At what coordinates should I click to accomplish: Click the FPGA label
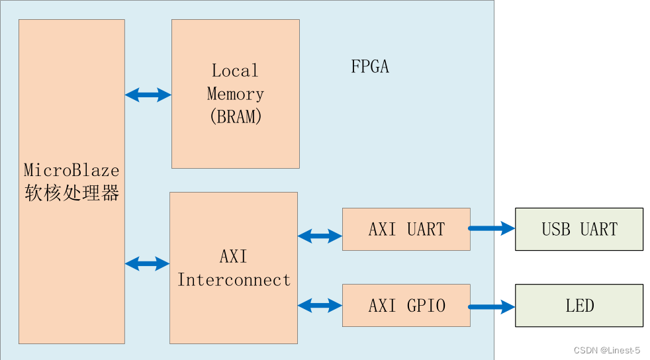(x=369, y=67)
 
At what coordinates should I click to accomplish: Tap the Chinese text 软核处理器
(x=71, y=193)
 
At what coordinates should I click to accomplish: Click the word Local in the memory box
(x=235, y=70)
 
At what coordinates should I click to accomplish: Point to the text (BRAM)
(x=236, y=117)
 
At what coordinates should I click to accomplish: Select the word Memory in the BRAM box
(x=236, y=93)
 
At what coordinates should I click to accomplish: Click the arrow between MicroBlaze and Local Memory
(x=148, y=95)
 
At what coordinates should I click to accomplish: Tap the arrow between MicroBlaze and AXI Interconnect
(x=147, y=263)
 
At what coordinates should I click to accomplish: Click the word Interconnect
(x=234, y=280)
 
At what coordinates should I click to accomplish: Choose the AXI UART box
(x=406, y=229)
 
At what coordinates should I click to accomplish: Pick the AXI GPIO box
(x=406, y=305)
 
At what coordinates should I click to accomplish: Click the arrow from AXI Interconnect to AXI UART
(x=320, y=236)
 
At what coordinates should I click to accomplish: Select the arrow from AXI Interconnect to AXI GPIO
(x=320, y=305)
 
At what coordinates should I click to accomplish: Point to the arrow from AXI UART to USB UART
(x=492, y=228)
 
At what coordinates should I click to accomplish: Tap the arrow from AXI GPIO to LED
(x=492, y=306)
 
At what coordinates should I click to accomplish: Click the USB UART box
(x=579, y=229)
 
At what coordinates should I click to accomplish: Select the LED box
(x=579, y=305)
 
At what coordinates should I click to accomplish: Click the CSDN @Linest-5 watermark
(x=606, y=350)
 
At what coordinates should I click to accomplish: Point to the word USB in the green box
(x=556, y=229)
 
